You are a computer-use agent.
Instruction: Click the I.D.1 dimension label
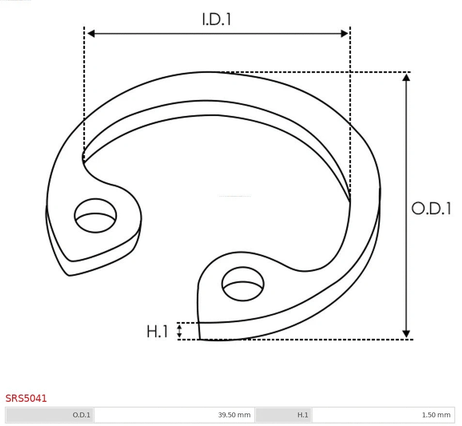click(x=216, y=19)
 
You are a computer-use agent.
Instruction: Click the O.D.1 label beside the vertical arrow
click(x=431, y=208)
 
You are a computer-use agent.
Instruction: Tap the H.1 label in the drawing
click(x=157, y=332)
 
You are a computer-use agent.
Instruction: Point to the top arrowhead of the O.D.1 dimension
click(x=406, y=76)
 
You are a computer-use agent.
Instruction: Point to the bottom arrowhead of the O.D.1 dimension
click(x=406, y=334)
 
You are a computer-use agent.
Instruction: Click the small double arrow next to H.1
click(x=179, y=331)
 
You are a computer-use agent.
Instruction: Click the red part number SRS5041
click(x=26, y=398)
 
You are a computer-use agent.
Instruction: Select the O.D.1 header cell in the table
click(x=49, y=415)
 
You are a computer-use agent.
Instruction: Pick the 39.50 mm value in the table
click(x=234, y=415)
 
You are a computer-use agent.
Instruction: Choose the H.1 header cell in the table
click(x=284, y=415)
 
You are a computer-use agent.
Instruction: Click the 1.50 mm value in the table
click(x=436, y=415)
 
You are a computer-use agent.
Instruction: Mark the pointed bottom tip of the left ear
click(x=69, y=275)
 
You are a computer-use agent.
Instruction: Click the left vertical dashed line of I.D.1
click(x=84, y=97)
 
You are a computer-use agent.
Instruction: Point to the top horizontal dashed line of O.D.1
click(x=315, y=72)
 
